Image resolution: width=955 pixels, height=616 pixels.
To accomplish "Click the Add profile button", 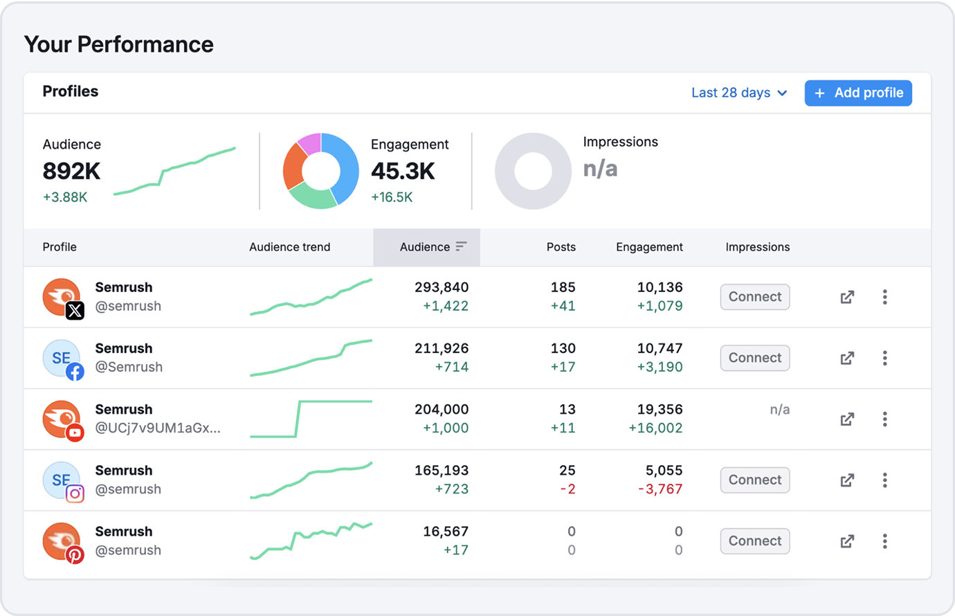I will coord(857,93).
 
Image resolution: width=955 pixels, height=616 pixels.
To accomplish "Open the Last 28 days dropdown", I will coord(738,93).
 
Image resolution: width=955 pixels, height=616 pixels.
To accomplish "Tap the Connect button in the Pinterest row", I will coord(754,541).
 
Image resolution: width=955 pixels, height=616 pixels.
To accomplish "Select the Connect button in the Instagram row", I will coord(754,480).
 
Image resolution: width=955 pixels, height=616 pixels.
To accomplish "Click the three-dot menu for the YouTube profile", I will coord(884,419).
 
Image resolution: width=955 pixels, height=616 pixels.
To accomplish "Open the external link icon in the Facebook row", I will coord(847,359).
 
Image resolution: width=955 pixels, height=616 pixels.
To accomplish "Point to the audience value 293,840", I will coord(442,287).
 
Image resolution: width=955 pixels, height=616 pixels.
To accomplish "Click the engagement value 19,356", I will coord(660,410).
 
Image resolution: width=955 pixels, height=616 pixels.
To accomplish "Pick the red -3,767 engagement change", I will coord(660,489).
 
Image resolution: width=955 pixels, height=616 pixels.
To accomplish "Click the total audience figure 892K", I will coord(72,171).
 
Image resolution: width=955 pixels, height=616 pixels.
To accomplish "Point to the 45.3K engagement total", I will coord(403,171).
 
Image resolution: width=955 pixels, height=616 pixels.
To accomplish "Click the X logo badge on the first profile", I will coord(75,311).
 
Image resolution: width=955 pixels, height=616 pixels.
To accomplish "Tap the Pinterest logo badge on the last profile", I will coord(75,555).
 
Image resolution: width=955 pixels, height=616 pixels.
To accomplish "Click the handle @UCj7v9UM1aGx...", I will coord(158,428).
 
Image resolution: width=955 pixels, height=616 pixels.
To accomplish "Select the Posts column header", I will coord(561,247).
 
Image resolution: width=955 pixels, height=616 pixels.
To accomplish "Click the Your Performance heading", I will coord(119,44).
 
